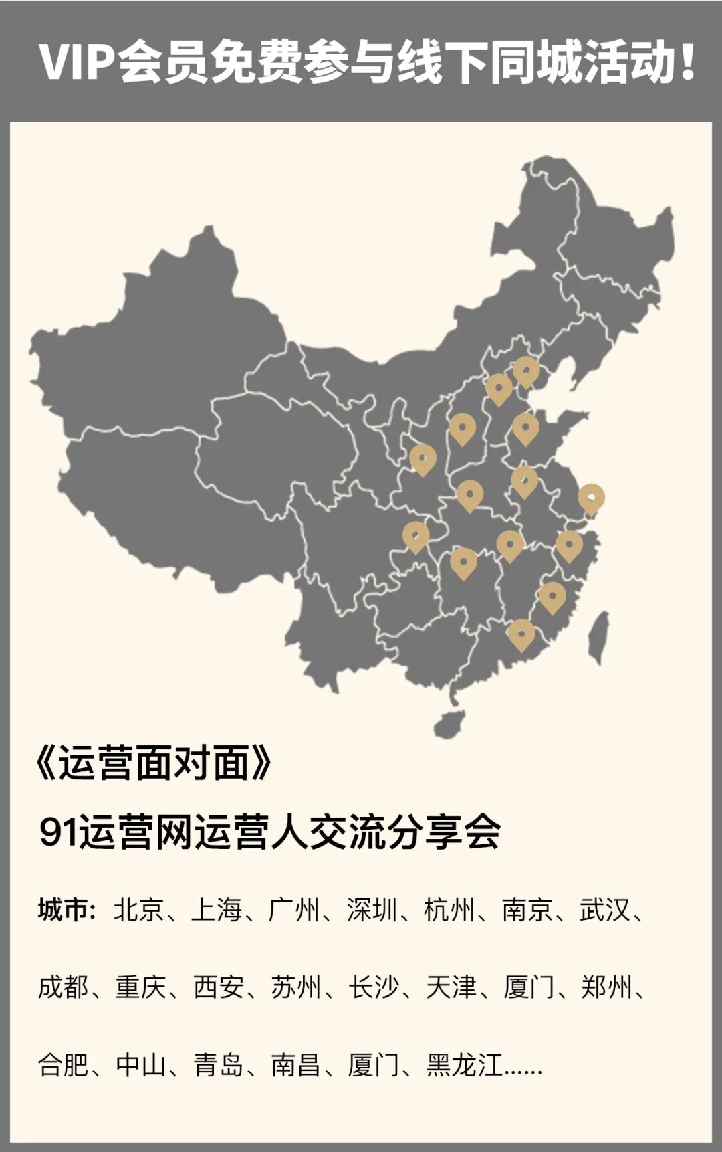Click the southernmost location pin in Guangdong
click(x=521, y=634)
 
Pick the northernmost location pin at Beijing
click(x=526, y=371)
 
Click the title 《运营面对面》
click(x=154, y=763)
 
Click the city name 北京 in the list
click(x=139, y=910)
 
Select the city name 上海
click(x=217, y=910)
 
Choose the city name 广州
click(x=294, y=910)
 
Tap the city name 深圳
click(x=372, y=910)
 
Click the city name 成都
click(x=63, y=987)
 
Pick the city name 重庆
click(x=140, y=987)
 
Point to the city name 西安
click(x=218, y=987)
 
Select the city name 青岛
click(x=218, y=1064)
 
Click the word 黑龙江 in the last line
click(x=464, y=1064)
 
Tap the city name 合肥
click(x=63, y=1064)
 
